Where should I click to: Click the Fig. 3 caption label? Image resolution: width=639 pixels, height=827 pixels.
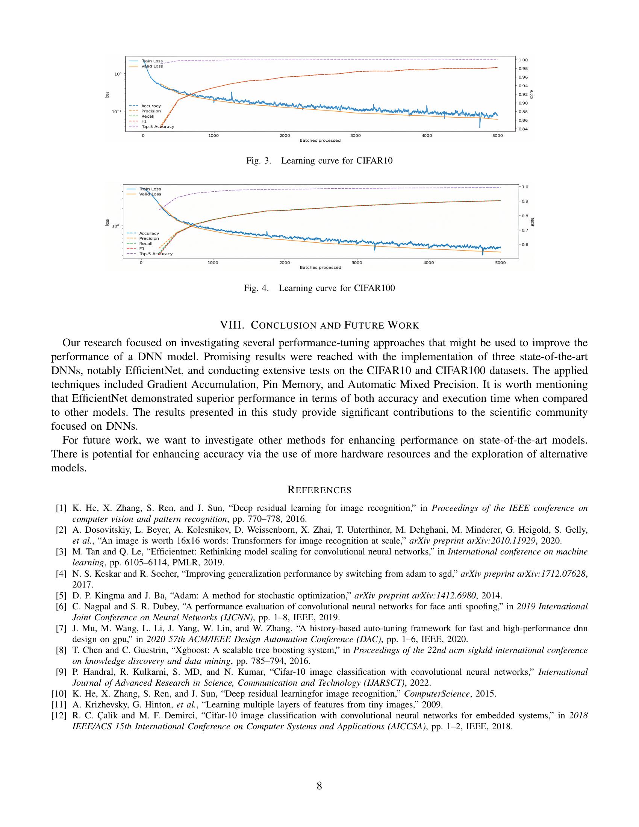tap(259, 161)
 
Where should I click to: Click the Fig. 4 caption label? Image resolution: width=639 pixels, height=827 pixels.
tap(256, 288)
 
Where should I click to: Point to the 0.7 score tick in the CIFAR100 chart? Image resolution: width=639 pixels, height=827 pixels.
tap(525, 230)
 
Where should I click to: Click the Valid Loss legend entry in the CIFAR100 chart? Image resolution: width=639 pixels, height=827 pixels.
tap(150, 194)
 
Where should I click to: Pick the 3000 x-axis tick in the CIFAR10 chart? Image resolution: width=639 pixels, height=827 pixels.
tap(356, 136)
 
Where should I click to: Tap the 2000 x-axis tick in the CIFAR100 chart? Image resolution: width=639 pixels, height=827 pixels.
tap(284, 263)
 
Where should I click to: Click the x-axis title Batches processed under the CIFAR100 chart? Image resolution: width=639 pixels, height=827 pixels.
tap(320, 267)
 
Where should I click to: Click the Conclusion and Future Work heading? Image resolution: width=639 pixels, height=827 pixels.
tap(319, 325)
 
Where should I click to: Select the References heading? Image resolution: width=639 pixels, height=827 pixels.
tap(319, 490)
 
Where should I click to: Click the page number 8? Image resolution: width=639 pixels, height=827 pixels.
tap(319, 786)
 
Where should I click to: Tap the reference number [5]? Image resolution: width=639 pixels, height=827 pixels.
tap(61, 596)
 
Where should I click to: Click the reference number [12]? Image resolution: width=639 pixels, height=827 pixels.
tap(59, 716)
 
